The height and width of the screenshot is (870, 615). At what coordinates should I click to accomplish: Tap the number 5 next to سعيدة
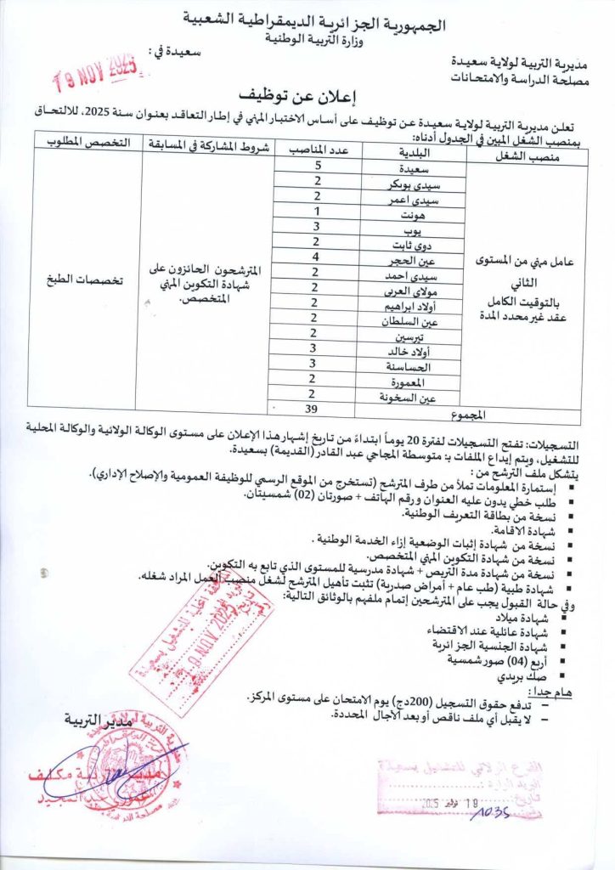click(x=318, y=167)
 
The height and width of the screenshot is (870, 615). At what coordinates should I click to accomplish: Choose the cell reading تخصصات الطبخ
click(x=88, y=277)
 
